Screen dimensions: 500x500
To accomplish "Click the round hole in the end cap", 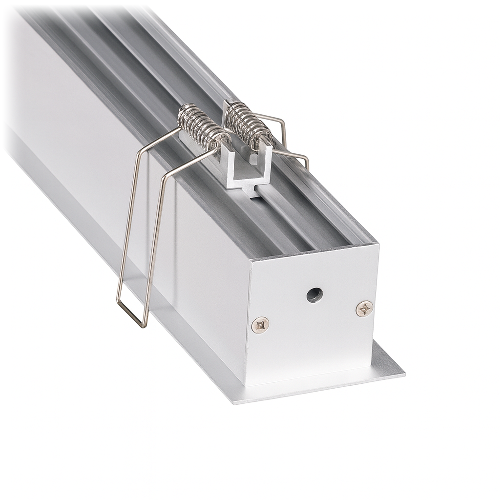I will click(x=314, y=294).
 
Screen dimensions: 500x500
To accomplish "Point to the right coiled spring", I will click(x=248, y=122).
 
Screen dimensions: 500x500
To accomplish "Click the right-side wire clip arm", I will click(x=293, y=155).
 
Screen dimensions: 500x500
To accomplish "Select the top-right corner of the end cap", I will click(x=378, y=243).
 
